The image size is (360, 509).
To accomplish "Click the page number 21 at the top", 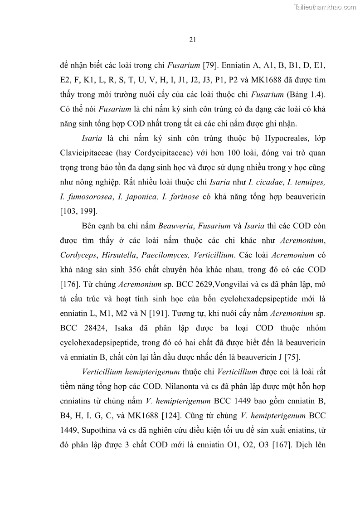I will click(192, 39).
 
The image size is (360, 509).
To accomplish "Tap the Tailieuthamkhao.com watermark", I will click(326, 7).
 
